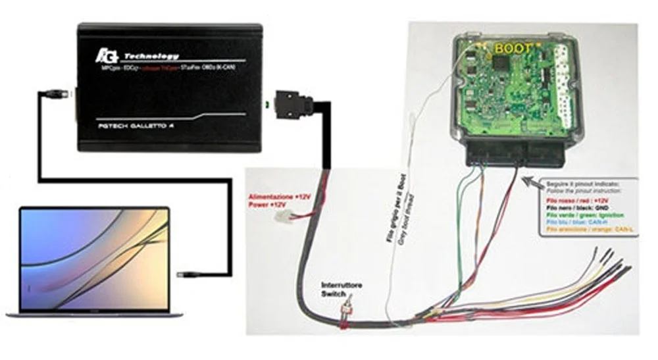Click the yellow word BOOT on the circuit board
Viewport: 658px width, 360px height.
(x=513, y=47)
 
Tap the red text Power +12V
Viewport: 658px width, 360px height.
(x=268, y=205)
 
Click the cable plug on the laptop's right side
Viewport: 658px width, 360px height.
(x=188, y=270)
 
